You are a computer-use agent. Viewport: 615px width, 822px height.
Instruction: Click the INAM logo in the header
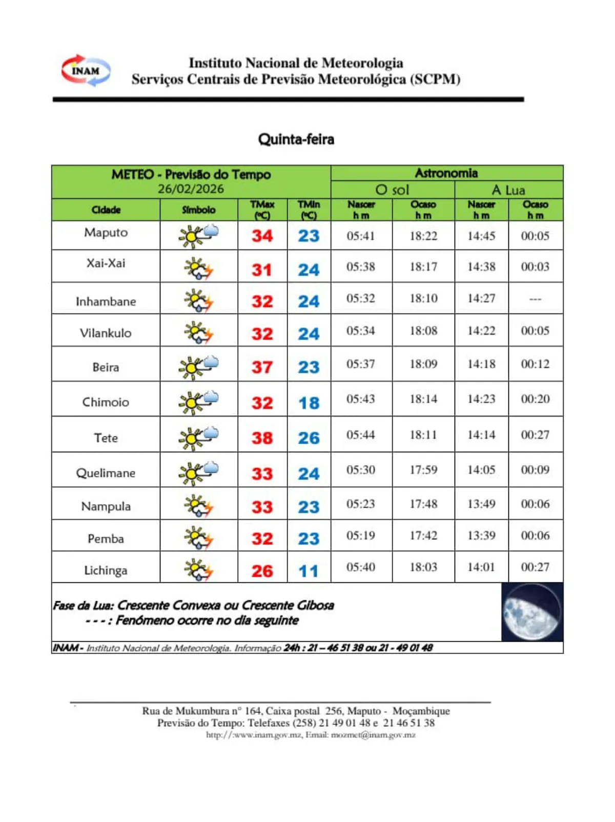pyautogui.click(x=86, y=71)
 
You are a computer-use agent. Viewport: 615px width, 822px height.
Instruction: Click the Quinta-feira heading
pyautogui.click(x=296, y=139)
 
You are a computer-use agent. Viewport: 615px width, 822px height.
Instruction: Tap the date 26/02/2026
pyautogui.click(x=191, y=189)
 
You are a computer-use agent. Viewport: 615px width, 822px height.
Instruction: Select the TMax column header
pyautogui.click(x=262, y=210)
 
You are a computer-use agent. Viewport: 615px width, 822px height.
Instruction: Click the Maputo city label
pyautogui.click(x=106, y=233)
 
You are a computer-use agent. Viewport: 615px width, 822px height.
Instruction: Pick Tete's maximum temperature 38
pyautogui.click(x=262, y=438)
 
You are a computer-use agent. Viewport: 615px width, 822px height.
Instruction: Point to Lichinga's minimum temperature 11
pyautogui.click(x=309, y=571)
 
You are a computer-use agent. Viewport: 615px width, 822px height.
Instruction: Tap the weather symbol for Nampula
pyautogui.click(x=198, y=506)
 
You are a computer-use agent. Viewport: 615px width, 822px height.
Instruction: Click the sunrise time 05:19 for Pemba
pyautogui.click(x=361, y=536)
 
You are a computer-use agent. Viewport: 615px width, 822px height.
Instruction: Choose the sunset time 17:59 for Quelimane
pyautogui.click(x=423, y=470)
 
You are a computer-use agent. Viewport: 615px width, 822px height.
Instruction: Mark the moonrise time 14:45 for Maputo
pyautogui.click(x=481, y=236)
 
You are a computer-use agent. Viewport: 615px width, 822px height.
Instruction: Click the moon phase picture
pyautogui.click(x=532, y=612)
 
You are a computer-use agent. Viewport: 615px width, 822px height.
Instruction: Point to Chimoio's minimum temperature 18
pyautogui.click(x=309, y=403)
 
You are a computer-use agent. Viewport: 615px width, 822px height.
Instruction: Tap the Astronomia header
pyautogui.click(x=446, y=173)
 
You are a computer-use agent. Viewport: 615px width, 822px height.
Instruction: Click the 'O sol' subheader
pyautogui.click(x=392, y=190)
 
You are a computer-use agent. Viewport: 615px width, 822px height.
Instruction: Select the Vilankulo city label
pyautogui.click(x=106, y=333)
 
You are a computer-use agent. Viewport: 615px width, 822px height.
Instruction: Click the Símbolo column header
pyautogui.click(x=198, y=210)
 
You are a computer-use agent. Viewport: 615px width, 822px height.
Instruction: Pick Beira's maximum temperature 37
pyautogui.click(x=262, y=367)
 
